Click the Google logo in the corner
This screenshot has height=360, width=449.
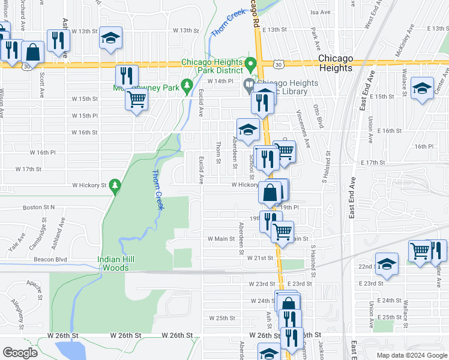(19, 353)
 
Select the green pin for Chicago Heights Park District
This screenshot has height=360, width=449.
(251, 63)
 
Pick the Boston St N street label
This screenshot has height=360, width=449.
(39, 207)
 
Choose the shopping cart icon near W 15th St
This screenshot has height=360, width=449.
(137, 99)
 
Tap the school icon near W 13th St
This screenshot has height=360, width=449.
(111, 38)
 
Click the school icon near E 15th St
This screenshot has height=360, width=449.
(422, 89)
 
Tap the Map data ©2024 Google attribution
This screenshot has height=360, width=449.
(411, 355)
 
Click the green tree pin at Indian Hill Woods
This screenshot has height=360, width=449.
(115, 188)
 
